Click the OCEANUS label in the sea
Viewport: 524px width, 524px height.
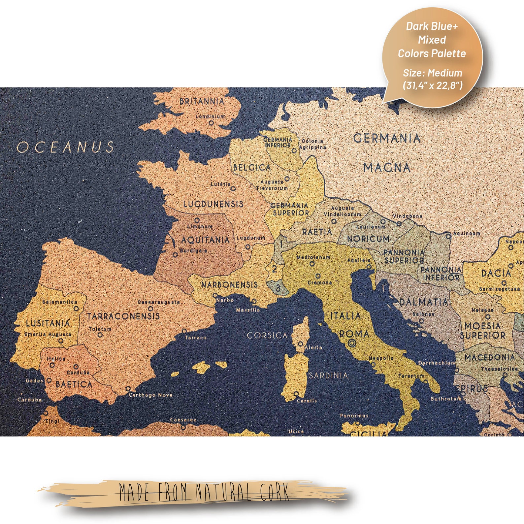coord(65,147)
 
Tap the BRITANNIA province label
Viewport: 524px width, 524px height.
coord(202,101)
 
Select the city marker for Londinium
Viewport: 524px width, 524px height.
coord(212,123)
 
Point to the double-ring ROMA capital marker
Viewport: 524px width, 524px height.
coord(352,343)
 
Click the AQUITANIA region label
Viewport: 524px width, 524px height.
coord(205,240)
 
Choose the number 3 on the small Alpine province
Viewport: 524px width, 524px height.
coord(278,288)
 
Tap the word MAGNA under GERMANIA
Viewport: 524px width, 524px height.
coord(387,168)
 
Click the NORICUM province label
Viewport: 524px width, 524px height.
coord(368,239)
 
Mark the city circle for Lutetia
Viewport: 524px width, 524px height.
coord(233,189)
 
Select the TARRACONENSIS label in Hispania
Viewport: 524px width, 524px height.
coord(123,316)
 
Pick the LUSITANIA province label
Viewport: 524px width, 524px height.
coord(48,323)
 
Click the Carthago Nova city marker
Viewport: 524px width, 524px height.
coord(128,389)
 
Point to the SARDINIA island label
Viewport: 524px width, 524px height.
coord(328,375)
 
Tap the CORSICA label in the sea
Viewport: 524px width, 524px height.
coord(267,336)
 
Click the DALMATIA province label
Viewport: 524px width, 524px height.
coord(424,302)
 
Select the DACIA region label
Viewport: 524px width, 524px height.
coord(496,273)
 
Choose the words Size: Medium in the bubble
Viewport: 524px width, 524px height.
coord(432,73)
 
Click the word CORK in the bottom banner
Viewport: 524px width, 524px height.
coord(275,492)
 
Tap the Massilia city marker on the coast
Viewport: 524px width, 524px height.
coord(254,301)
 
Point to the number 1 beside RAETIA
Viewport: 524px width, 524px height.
coord(281,244)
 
